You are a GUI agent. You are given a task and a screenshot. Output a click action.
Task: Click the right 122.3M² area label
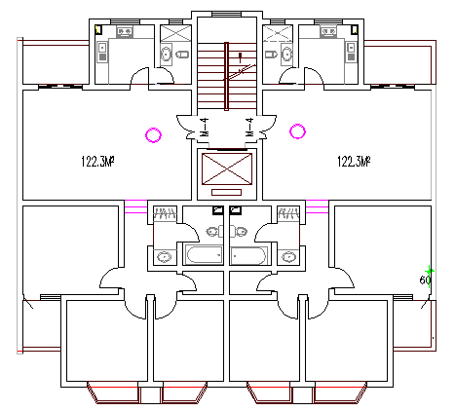click(x=356, y=161)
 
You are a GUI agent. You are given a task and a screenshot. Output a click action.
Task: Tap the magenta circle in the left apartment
click(x=152, y=134)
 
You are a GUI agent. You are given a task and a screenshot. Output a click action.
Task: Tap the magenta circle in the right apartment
click(x=298, y=131)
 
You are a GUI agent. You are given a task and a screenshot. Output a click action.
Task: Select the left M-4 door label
click(x=204, y=126)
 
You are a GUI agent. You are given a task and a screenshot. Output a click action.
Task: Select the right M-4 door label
click(x=249, y=126)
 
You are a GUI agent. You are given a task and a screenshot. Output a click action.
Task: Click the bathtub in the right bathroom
click(x=249, y=256)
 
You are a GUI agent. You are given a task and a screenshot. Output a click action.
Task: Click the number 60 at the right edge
click(x=425, y=280)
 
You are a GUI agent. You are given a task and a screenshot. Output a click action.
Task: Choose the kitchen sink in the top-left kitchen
click(x=125, y=32)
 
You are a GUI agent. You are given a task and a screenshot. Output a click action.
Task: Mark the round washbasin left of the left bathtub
click(x=163, y=256)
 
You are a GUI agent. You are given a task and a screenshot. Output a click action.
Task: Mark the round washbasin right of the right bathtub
click(x=288, y=256)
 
